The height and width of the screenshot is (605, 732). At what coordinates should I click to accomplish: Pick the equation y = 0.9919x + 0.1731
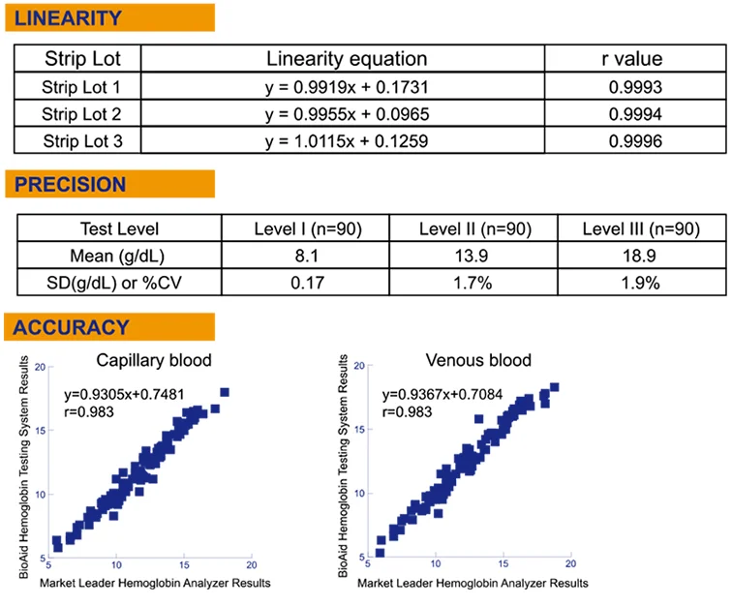click(x=346, y=87)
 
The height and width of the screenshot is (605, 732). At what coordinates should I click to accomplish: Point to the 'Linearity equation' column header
click(x=346, y=59)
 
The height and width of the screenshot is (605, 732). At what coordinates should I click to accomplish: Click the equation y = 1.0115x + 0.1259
click(x=346, y=140)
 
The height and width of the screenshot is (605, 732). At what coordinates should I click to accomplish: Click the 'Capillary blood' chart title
click(x=154, y=361)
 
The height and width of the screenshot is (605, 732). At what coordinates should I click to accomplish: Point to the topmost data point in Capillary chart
click(x=225, y=392)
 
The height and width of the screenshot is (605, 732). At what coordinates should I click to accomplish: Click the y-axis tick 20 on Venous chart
click(x=359, y=367)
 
